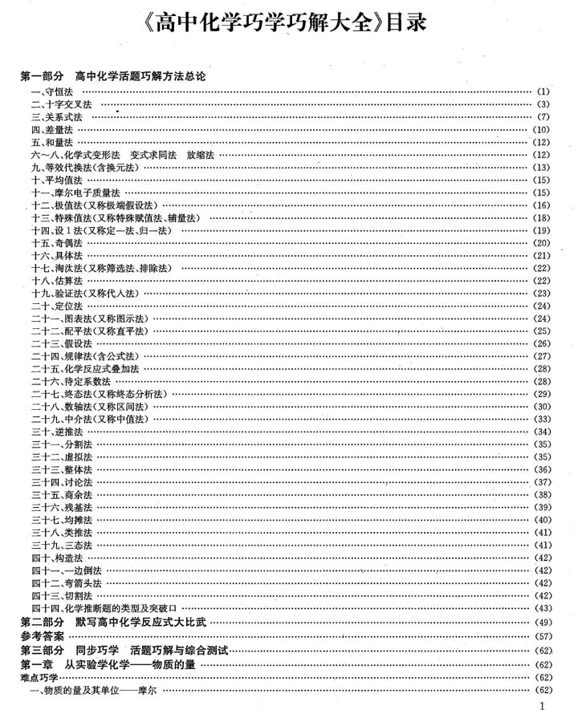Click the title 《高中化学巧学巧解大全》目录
click(x=290, y=25)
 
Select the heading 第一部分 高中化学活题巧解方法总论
click(x=112, y=76)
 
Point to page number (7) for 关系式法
click(x=543, y=117)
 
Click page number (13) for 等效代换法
click(x=541, y=167)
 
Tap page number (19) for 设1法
click(x=541, y=230)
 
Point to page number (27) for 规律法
click(x=541, y=355)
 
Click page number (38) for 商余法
click(x=541, y=494)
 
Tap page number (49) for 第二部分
click(x=541, y=622)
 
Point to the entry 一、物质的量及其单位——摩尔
click(x=92, y=690)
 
